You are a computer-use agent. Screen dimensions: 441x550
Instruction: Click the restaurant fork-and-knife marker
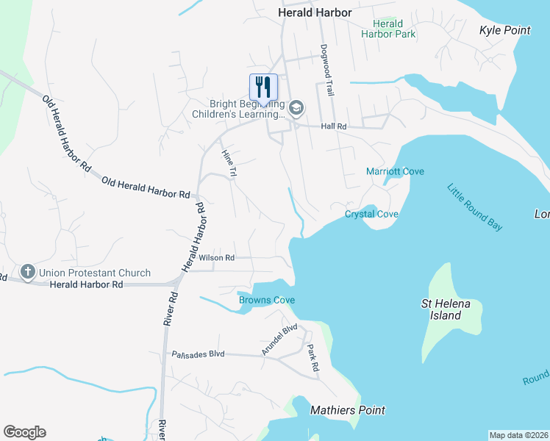(x=262, y=87)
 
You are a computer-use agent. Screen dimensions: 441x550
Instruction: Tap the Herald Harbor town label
(x=315, y=12)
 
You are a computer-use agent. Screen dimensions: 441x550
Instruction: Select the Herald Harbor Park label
(x=387, y=29)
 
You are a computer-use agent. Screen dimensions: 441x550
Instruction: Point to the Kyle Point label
(x=504, y=30)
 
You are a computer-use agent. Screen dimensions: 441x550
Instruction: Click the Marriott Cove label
(x=395, y=172)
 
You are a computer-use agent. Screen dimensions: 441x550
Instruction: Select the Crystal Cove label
(x=371, y=214)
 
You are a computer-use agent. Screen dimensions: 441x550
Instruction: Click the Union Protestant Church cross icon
(x=28, y=273)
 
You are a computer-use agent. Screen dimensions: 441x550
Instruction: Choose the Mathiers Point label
(x=347, y=410)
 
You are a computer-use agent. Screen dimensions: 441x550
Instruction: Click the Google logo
(x=24, y=432)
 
